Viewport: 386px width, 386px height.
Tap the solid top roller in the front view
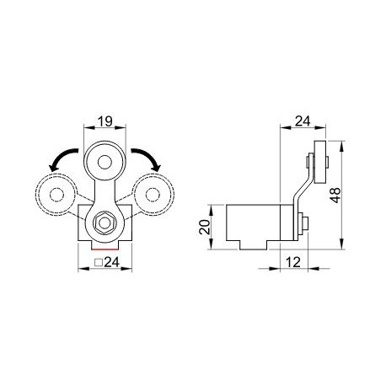coord(105,158)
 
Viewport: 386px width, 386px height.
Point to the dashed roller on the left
coord(56,196)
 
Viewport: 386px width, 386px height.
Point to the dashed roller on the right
coord(153,195)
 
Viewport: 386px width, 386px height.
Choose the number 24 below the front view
coord(110,263)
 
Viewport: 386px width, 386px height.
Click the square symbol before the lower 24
coord(98,264)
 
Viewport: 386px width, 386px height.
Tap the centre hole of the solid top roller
coord(105,158)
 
